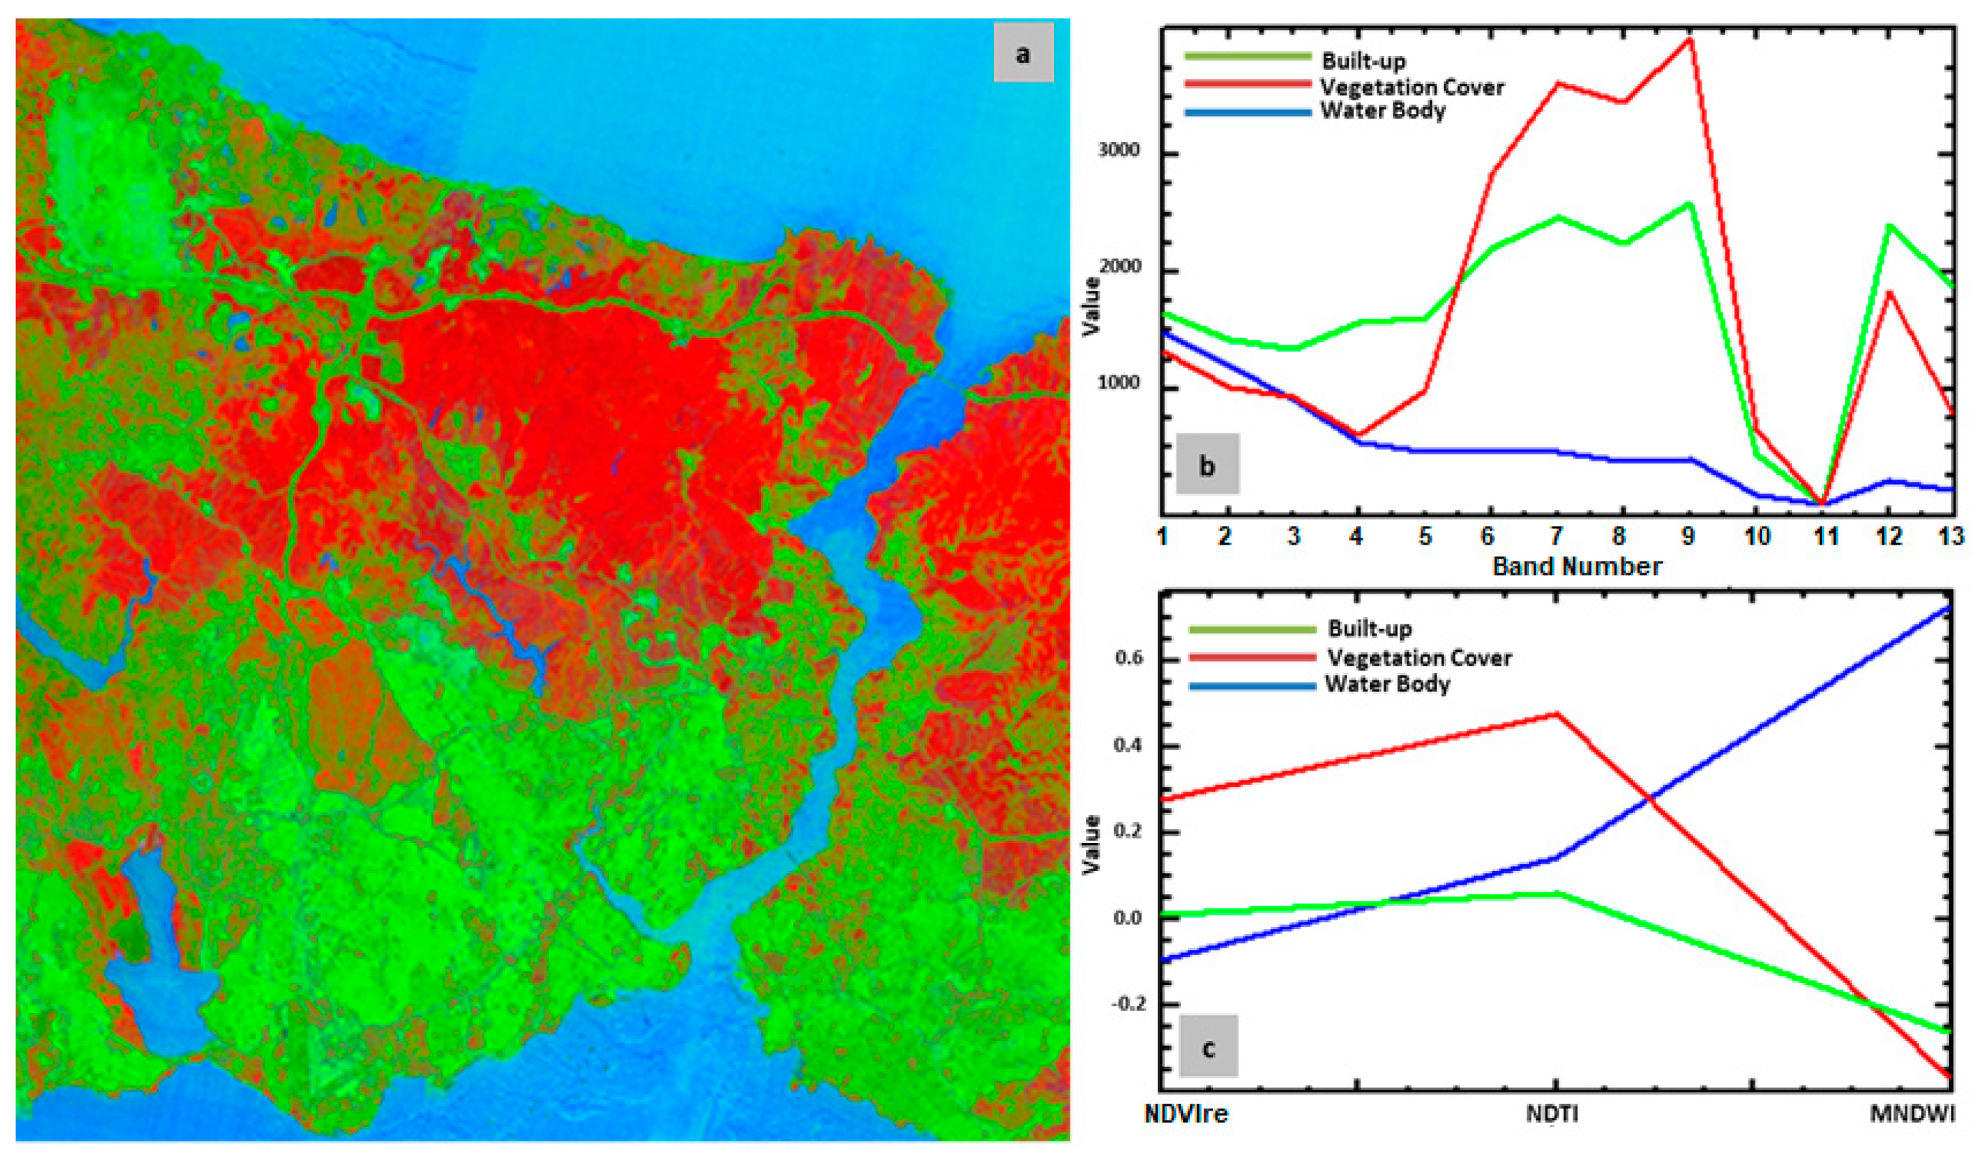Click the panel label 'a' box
pos(1022,52)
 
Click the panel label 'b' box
pos(1207,465)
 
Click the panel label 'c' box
pos(1208,1047)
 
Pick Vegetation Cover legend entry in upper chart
pos(1412,87)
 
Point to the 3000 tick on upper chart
pos(1118,149)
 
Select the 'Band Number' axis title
pos(1577,566)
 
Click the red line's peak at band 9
pos(1688,39)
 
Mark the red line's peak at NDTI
pos(1556,713)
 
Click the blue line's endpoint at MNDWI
pos(1949,607)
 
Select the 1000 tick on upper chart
pos(1118,383)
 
